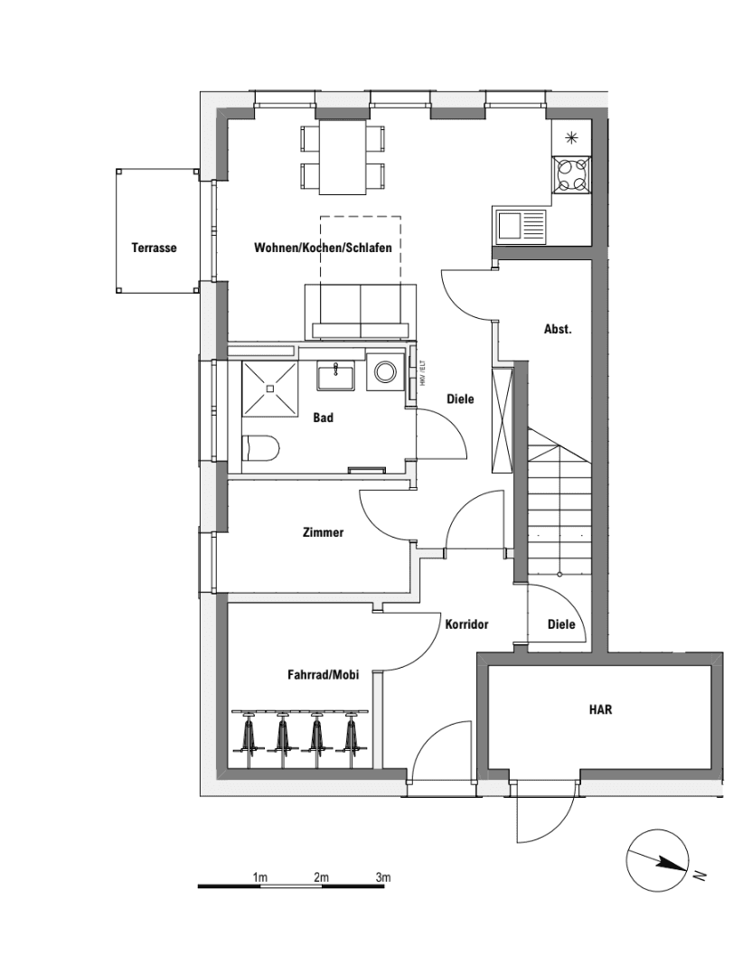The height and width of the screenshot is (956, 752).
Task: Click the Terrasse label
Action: click(154, 248)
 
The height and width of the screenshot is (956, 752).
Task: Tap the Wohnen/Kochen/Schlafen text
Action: click(323, 248)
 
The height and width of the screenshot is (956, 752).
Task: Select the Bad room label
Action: click(323, 417)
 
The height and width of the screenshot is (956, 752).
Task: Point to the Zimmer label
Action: click(323, 533)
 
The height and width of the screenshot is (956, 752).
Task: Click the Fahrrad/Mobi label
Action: click(323, 674)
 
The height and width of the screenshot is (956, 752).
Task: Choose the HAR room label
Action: click(600, 710)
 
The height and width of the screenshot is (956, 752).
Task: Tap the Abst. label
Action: click(558, 330)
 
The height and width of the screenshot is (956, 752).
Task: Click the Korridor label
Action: click(466, 624)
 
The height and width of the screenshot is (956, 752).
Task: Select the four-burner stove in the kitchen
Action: click(571, 173)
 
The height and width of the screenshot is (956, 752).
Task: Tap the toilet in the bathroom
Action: click(263, 447)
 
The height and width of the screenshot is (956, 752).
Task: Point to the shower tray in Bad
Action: click(269, 389)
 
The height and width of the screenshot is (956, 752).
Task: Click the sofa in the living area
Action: click(362, 310)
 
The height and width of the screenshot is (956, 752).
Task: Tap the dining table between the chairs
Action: click(343, 157)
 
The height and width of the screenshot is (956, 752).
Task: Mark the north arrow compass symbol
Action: click(658, 860)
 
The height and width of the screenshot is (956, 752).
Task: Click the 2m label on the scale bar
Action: click(321, 877)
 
